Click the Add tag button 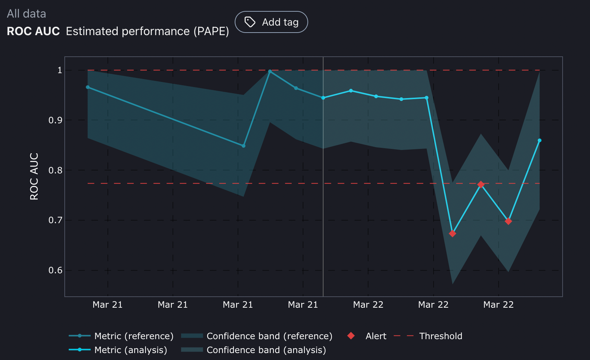click(x=271, y=22)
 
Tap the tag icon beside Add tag click(x=250, y=22)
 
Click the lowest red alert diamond click(x=452, y=233)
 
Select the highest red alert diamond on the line click(x=481, y=184)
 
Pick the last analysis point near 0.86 click(x=540, y=140)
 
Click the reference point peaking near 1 click(x=270, y=72)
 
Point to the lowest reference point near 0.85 click(x=243, y=146)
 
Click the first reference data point click(x=88, y=87)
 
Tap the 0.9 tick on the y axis click(x=55, y=120)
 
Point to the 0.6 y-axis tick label click(x=55, y=270)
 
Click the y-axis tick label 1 click(x=60, y=70)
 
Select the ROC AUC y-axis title click(x=34, y=176)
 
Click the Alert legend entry click(x=376, y=336)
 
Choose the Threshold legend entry click(x=440, y=336)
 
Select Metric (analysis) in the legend click(x=131, y=350)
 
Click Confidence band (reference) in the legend click(x=269, y=336)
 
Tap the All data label click(x=26, y=14)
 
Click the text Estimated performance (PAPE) click(x=147, y=31)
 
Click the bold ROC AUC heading click(x=33, y=31)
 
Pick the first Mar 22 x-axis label click(x=368, y=305)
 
